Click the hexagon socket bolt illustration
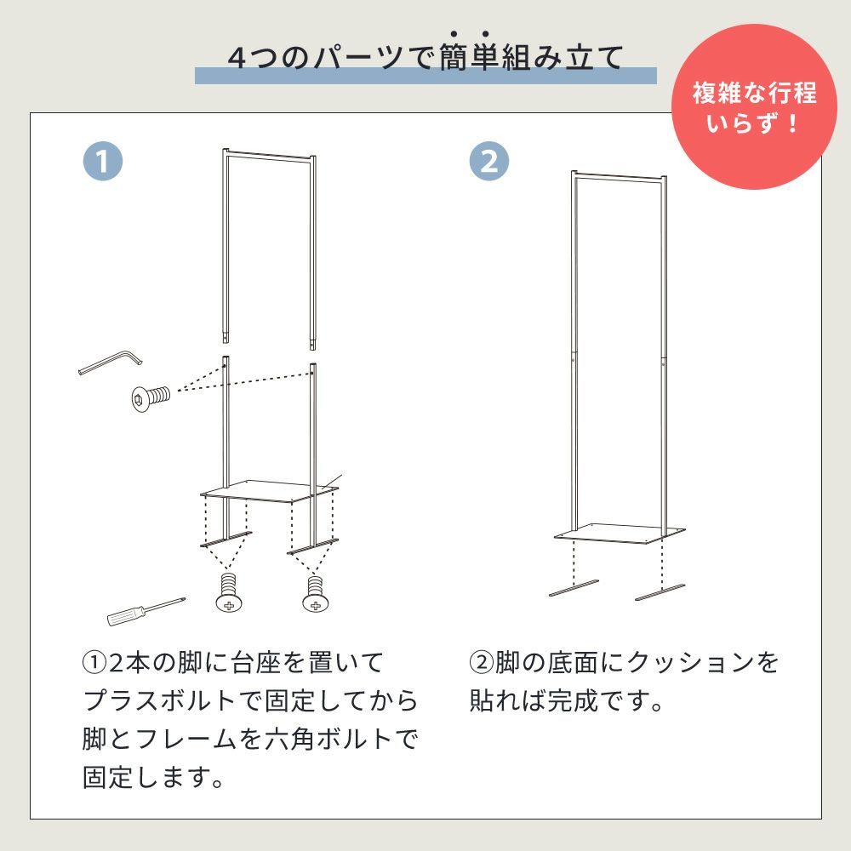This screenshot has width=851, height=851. [x=151, y=397]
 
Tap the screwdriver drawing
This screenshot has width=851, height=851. [x=146, y=611]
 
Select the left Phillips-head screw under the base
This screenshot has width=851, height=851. [x=229, y=592]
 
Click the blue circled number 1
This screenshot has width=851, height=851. [x=103, y=161]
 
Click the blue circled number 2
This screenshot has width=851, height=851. [x=489, y=161]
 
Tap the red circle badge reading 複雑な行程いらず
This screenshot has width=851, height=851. [x=754, y=106]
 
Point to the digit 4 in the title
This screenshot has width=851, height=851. [x=237, y=58]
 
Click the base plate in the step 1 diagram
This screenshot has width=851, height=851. [x=269, y=491]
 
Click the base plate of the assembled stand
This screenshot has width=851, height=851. [x=620, y=534]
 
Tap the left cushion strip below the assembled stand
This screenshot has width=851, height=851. [x=574, y=588]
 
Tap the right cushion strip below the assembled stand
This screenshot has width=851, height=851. [x=660, y=592]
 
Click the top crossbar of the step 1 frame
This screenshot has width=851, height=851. [x=269, y=156]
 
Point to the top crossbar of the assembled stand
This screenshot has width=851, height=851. [x=619, y=177]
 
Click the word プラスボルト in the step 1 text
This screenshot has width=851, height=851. [x=160, y=700]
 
